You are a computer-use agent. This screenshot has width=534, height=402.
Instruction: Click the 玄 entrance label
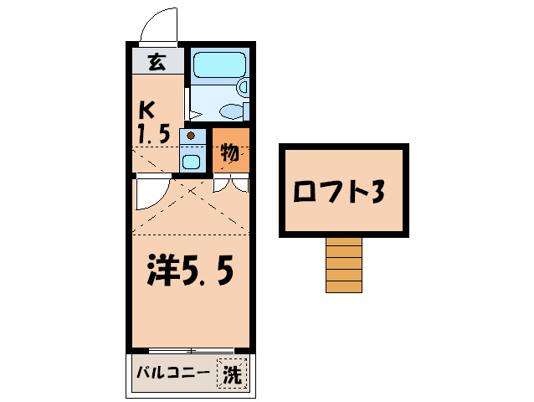(x=156, y=61)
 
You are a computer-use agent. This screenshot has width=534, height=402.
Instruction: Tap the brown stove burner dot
(x=192, y=136)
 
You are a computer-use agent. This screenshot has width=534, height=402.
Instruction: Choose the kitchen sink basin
(x=192, y=161)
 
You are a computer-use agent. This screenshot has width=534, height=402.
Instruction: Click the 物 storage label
(x=230, y=153)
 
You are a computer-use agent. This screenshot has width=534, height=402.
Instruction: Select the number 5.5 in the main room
(x=209, y=272)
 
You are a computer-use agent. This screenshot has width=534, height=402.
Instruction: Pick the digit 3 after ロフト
(x=377, y=192)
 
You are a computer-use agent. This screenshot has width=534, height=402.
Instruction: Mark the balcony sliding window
(x=193, y=350)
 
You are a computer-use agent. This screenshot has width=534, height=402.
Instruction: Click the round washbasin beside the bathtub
(x=244, y=86)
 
